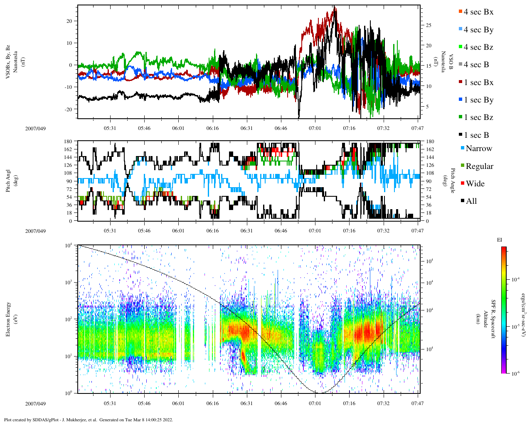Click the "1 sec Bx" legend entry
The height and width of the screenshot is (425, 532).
coord(478,83)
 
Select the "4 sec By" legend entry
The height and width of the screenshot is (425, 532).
coord(478,30)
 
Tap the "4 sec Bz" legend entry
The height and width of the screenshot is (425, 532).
coord(478,47)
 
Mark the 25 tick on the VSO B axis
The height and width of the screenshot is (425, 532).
coord(429,25)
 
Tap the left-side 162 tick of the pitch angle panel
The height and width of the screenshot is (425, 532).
coord(68,149)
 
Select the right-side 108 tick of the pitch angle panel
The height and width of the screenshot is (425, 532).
coord(428,173)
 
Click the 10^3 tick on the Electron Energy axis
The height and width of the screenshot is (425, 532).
coord(68,282)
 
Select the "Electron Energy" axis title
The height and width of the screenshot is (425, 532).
coord(8,319)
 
